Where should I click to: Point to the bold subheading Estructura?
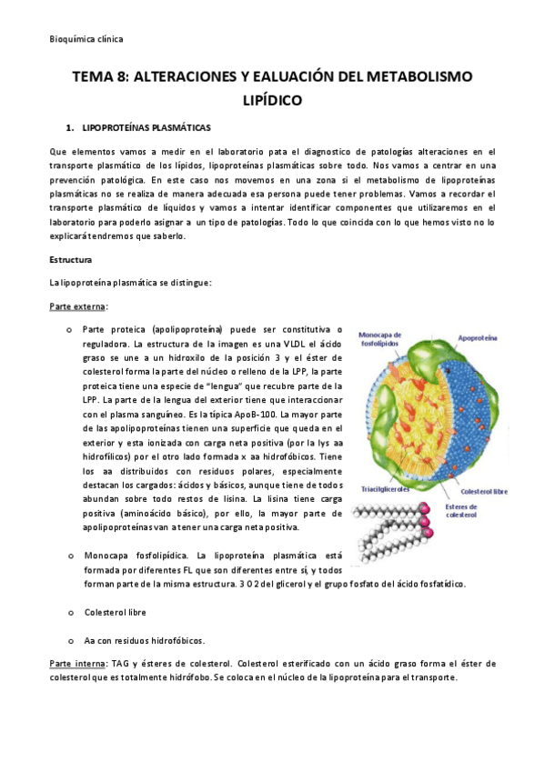(x=71, y=260)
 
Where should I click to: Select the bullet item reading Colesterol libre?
(x=114, y=612)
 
